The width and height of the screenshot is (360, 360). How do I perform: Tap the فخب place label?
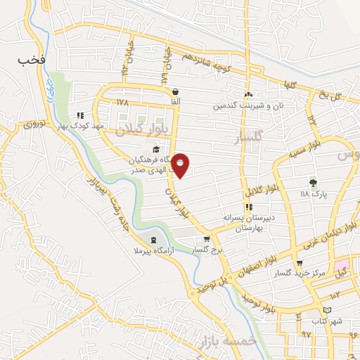(x=32, y=60)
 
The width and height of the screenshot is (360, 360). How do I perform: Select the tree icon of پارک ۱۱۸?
(x=313, y=182)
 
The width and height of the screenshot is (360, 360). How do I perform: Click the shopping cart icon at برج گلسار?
(x=206, y=239)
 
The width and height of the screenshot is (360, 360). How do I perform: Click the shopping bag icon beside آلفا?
(x=174, y=91)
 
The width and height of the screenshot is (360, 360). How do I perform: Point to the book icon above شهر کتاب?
(x=328, y=310)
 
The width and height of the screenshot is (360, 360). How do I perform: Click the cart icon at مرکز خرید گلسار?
(x=300, y=263)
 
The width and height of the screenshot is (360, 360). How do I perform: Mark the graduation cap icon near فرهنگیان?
(x=156, y=148)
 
